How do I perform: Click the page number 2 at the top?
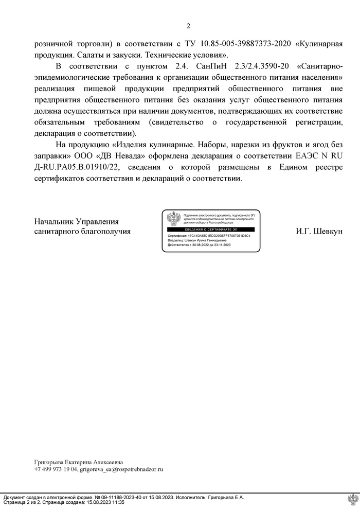point(188,27)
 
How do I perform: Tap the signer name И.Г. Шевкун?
point(319,232)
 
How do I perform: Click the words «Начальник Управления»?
point(77,222)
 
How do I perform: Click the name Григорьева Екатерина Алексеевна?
point(79,462)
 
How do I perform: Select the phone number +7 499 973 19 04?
point(56,469)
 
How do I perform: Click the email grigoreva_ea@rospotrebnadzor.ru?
point(122,469)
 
